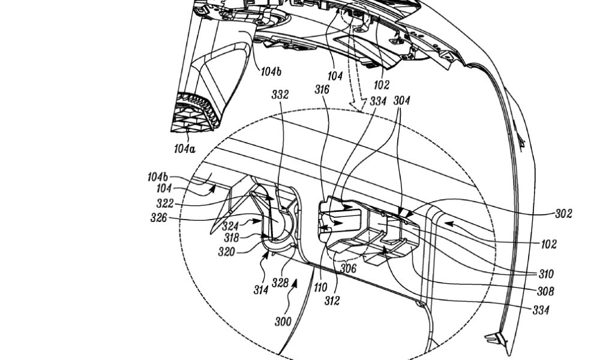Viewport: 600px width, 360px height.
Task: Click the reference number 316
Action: [x=322, y=90]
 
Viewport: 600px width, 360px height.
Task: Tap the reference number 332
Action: [x=280, y=95]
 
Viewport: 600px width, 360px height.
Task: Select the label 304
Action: [x=401, y=101]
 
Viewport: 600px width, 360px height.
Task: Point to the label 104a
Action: [x=184, y=149]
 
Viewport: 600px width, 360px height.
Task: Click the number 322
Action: [x=165, y=203]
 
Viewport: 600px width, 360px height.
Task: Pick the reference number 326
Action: [x=159, y=218]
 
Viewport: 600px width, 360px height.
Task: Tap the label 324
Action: [x=230, y=226]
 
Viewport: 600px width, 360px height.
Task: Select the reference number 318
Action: [x=231, y=238]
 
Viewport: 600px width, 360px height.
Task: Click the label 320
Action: [x=227, y=252]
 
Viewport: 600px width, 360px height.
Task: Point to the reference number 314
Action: [x=260, y=290]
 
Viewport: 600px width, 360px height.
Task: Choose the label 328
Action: [x=280, y=283]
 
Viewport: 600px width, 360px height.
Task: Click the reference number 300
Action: [x=283, y=322]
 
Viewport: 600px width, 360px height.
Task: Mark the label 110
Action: [x=320, y=287]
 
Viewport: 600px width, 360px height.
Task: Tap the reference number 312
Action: [x=332, y=301]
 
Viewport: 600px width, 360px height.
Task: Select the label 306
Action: [x=348, y=268]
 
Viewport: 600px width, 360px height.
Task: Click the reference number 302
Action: [x=563, y=214]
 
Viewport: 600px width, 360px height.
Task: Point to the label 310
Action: [x=546, y=274]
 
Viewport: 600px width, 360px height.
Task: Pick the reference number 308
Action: [x=545, y=292]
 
